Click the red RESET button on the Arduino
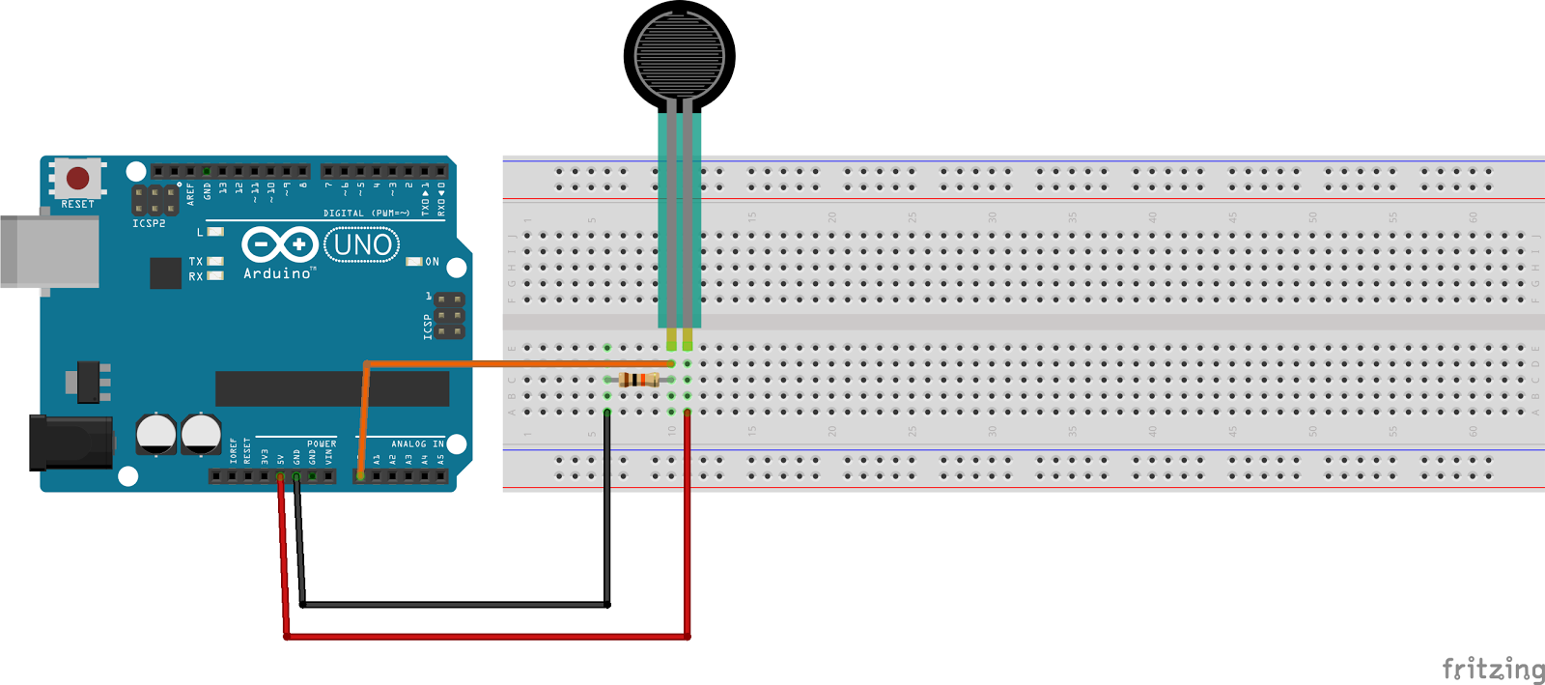coord(78,178)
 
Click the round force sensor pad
coord(679,54)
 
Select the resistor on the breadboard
coord(639,380)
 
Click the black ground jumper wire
coord(454,605)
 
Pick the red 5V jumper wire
coord(483,637)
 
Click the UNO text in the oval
coord(362,245)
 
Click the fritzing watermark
coord(1492,669)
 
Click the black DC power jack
coord(70,442)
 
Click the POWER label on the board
coord(322,444)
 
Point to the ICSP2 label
coord(149,224)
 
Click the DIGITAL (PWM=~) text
coord(366,214)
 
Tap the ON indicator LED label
coord(432,262)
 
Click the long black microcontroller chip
coord(331,388)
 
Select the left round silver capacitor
coord(155,434)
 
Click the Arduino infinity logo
coord(279,244)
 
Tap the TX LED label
coord(196,262)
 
